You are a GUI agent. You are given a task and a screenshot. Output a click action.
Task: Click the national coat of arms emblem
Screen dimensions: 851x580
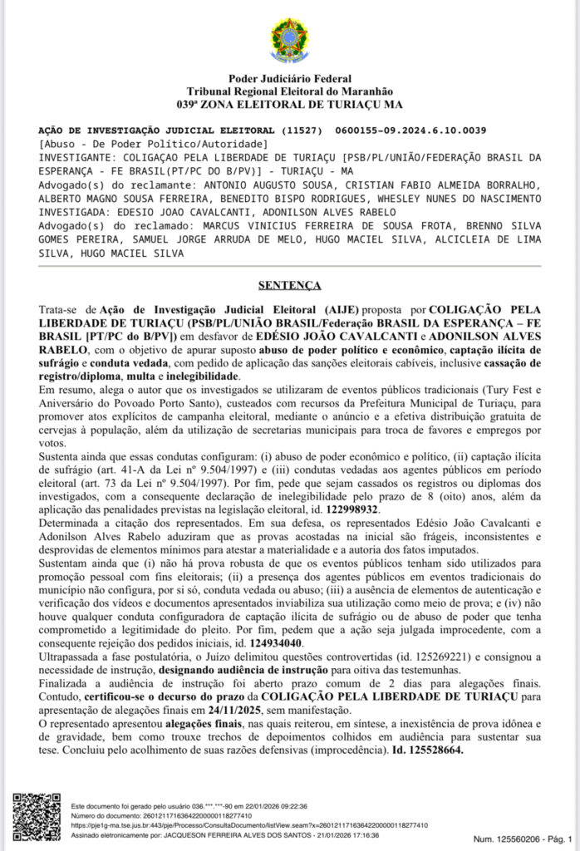(289, 39)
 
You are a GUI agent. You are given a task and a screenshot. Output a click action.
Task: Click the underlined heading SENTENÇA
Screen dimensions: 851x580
(289, 286)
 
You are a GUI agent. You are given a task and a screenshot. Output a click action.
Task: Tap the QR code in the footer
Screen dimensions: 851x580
(37, 818)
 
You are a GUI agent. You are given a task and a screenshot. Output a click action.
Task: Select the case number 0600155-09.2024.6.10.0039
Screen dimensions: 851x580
(411, 131)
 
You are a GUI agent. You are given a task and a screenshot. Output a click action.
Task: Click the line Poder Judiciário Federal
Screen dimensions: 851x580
(289, 79)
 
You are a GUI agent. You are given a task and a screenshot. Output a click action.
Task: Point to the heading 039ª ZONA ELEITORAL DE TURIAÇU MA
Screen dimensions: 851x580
(289, 106)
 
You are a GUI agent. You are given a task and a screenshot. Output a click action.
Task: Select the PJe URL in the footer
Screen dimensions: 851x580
(249, 825)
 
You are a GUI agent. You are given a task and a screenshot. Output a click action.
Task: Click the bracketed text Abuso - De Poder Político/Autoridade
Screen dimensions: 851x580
(154, 144)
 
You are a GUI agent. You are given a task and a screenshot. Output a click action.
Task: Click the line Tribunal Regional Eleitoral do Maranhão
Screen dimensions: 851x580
(289, 92)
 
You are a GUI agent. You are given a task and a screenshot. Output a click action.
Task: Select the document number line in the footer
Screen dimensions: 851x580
(166, 816)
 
